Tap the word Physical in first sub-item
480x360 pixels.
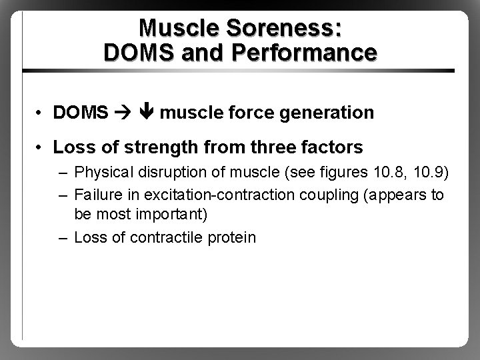(x=101, y=174)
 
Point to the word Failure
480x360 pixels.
(x=97, y=195)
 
